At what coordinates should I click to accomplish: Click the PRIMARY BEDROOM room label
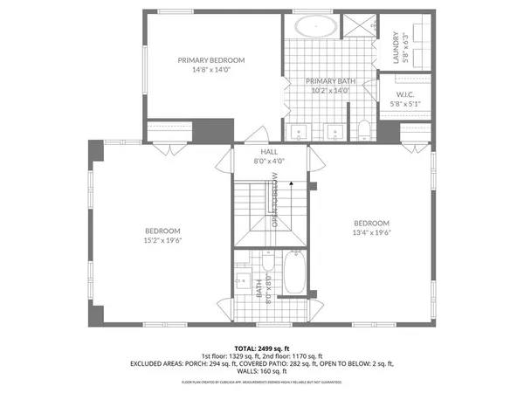tap(211, 60)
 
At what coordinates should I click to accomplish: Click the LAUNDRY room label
tap(396, 48)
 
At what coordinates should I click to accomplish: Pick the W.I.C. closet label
tap(405, 94)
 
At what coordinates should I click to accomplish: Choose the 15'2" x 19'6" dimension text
tap(162, 240)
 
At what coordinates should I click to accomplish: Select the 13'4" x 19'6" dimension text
tap(371, 232)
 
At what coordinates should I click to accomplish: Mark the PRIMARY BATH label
tap(327, 79)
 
